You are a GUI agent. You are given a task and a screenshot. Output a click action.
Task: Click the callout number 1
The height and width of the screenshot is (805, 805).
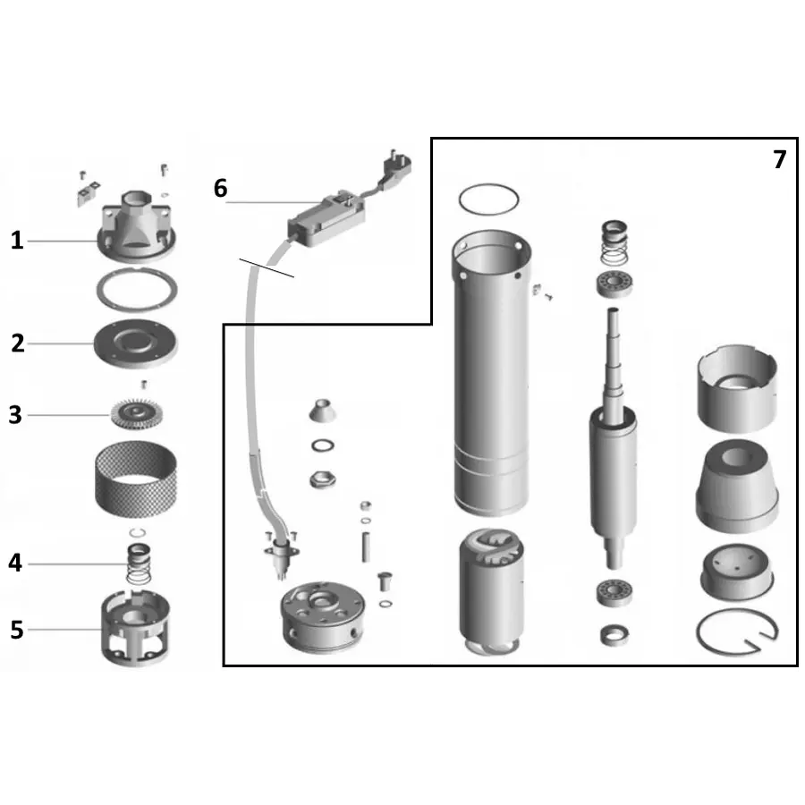click(x=17, y=241)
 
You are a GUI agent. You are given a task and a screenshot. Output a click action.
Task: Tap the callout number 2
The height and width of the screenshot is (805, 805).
click(x=18, y=343)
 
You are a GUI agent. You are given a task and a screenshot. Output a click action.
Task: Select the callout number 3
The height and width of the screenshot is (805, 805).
click(x=15, y=415)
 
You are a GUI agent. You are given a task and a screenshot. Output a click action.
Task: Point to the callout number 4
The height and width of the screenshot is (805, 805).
click(x=15, y=563)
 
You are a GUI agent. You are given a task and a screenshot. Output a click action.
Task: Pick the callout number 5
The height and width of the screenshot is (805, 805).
click(x=17, y=630)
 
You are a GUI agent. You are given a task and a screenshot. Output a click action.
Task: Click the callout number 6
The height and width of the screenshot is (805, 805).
click(x=221, y=189)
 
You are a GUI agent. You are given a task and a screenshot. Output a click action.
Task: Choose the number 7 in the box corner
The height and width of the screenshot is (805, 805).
click(x=779, y=159)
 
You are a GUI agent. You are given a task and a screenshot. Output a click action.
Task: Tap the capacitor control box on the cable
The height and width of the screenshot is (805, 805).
click(x=326, y=219)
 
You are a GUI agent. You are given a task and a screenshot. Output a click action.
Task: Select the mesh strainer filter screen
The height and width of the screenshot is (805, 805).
click(x=136, y=479)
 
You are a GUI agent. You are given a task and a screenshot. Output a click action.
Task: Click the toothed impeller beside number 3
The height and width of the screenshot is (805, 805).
click(x=138, y=414)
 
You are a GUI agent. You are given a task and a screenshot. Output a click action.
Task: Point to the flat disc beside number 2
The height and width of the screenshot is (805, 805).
click(x=136, y=343)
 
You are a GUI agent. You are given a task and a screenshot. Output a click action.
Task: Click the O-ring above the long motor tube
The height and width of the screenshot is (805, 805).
click(x=488, y=199)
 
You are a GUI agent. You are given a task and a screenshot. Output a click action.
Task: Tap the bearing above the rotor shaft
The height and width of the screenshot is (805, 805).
click(x=614, y=284)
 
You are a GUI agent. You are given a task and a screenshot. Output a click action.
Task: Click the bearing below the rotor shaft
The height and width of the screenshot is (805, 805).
click(x=614, y=592)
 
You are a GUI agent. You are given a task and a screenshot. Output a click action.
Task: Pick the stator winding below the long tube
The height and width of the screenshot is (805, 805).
click(x=491, y=591)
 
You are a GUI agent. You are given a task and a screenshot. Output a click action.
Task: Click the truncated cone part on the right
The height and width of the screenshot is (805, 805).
click(x=737, y=487)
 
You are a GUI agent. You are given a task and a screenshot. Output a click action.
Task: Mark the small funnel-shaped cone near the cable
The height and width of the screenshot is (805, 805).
click(x=322, y=411)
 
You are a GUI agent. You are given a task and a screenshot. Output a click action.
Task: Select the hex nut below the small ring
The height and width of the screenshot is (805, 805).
click(x=322, y=479)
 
